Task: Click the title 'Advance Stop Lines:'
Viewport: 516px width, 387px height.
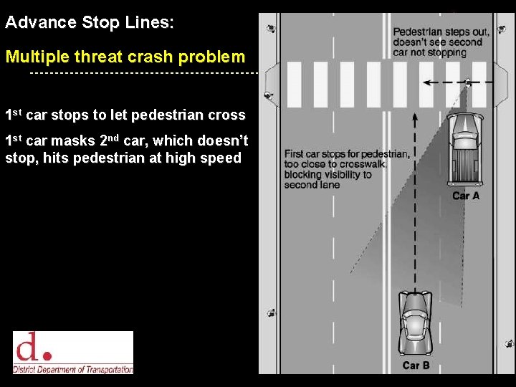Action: (90, 22)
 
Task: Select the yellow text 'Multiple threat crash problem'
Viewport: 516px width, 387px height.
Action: (125, 57)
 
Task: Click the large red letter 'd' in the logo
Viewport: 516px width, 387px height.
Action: (28, 348)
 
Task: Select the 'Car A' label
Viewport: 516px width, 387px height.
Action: (466, 196)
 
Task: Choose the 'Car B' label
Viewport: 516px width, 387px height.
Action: (416, 365)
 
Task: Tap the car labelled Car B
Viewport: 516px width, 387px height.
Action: (415, 323)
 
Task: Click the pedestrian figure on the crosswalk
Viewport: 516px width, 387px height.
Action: (468, 83)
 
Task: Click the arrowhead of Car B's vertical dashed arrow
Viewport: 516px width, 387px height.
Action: (415, 114)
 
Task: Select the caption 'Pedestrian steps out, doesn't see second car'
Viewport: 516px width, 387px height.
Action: (441, 42)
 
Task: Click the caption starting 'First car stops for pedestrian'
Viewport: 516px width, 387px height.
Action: (347, 169)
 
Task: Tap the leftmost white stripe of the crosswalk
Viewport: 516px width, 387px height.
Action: (294, 85)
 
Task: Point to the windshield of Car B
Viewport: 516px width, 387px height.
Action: (415, 317)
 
